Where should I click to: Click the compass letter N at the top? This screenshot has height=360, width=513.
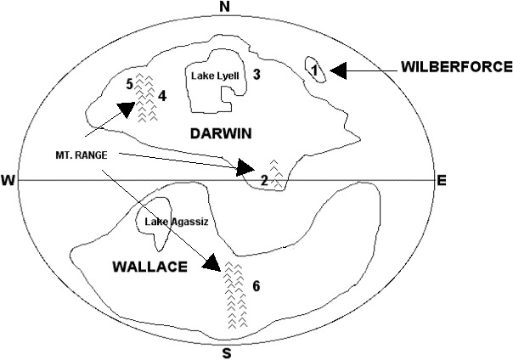pyautogui.click(x=225, y=8)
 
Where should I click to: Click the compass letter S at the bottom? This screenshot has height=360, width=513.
pyautogui.click(x=226, y=352)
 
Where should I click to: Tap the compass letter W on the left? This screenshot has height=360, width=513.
pyautogui.click(x=9, y=180)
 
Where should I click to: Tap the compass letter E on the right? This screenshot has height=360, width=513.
pyautogui.click(x=441, y=180)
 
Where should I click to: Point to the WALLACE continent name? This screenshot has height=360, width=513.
pyautogui.click(x=149, y=267)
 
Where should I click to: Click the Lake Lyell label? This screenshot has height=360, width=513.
pyautogui.click(x=214, y=76)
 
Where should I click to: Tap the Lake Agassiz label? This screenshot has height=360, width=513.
pyautogui.click(x=176, y=222)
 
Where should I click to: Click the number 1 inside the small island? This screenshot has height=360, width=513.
pyautogui.click(x=314, y=70)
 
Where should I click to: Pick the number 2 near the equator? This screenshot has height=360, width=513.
pyautogui.click(x=264, y=180)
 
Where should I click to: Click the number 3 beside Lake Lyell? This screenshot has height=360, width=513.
pyautogui.click(x=256, y=75)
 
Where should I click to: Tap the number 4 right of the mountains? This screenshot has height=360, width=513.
pyautogui.click(x=161, y=95)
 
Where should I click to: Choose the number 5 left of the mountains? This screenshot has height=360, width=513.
pyautogui.click(x=129, y=83)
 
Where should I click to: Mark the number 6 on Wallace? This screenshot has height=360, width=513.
pyautogui.click(x=256, y=285)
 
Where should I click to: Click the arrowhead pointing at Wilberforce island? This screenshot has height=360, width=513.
pyautogui.click(x=338, y=71)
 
